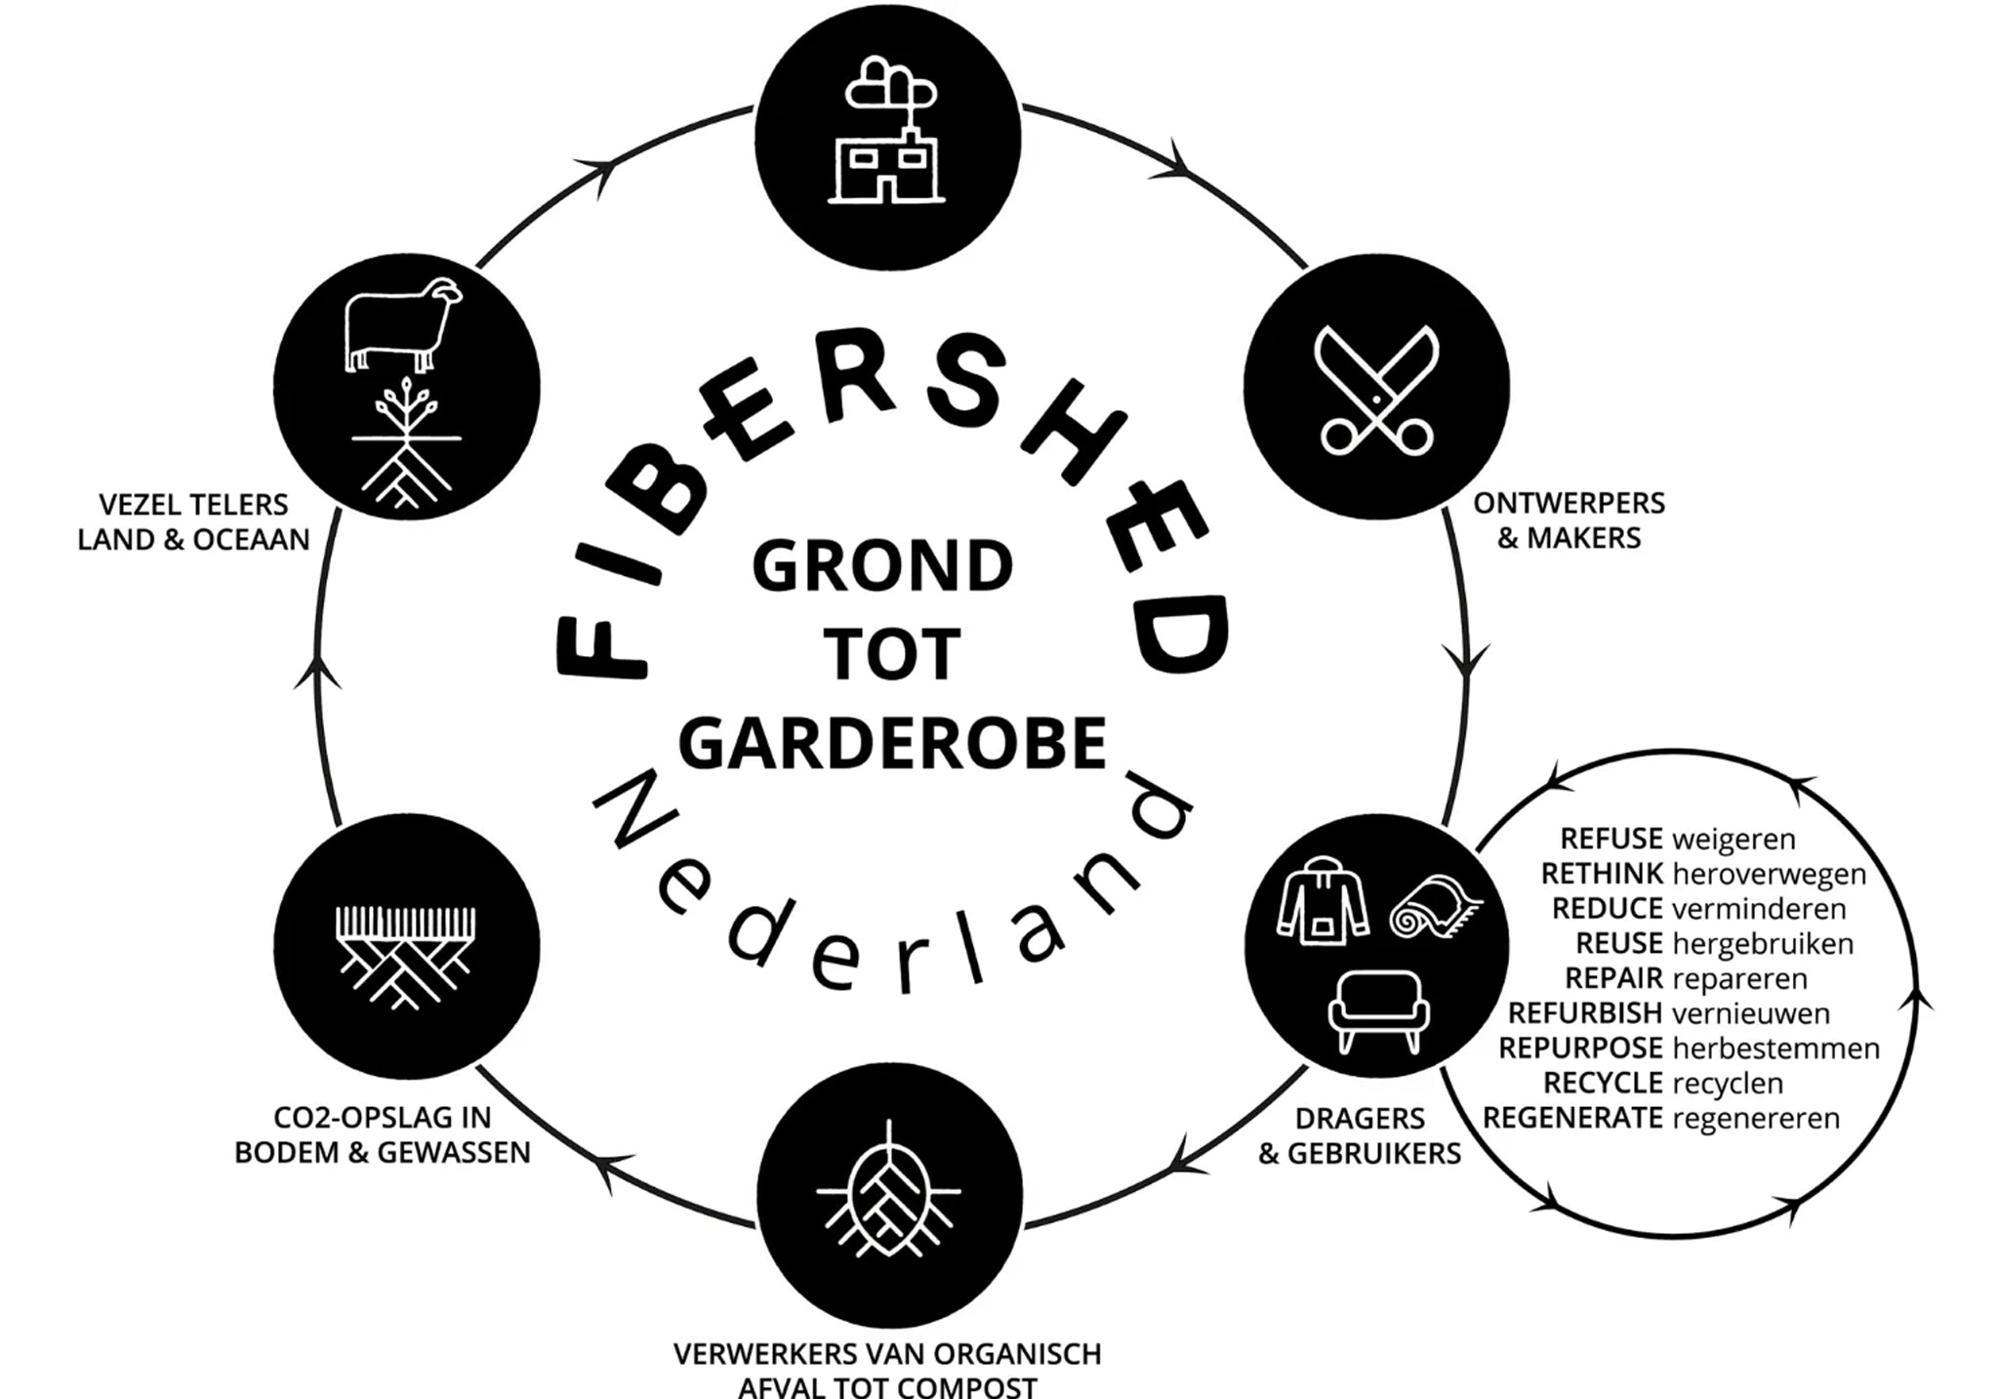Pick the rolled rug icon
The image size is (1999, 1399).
1433,906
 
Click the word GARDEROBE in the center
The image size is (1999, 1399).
892,742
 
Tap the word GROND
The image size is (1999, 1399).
883,566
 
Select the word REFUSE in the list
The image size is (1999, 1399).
1611,839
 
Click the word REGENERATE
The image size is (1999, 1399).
1572,1118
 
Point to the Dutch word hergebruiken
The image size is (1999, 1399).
1763,944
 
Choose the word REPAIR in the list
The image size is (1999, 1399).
1613,978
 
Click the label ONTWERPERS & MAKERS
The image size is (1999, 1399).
1569,520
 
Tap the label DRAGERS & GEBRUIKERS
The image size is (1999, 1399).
1360,1135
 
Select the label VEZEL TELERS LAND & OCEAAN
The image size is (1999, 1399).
193,522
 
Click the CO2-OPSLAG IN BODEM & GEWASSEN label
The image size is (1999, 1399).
383,1134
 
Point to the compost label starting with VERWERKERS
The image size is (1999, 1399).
887,1370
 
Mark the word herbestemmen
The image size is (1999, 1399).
1776,1049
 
